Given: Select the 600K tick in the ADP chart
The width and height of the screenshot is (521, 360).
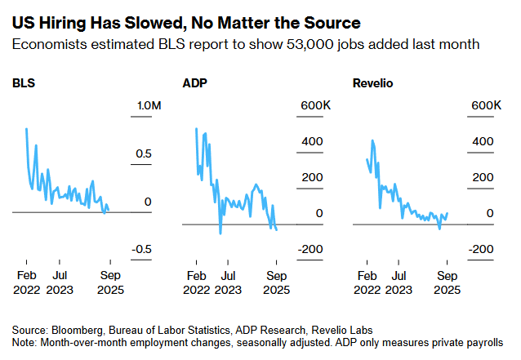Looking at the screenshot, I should [315, 106].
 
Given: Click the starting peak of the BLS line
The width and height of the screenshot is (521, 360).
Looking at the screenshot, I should [27, 129].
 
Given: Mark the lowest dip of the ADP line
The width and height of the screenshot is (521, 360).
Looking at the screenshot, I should [220, 233].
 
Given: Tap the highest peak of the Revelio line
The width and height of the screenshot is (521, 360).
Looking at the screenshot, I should [373, 140].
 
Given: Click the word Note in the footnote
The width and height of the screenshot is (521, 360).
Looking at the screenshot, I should [24, 340].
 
